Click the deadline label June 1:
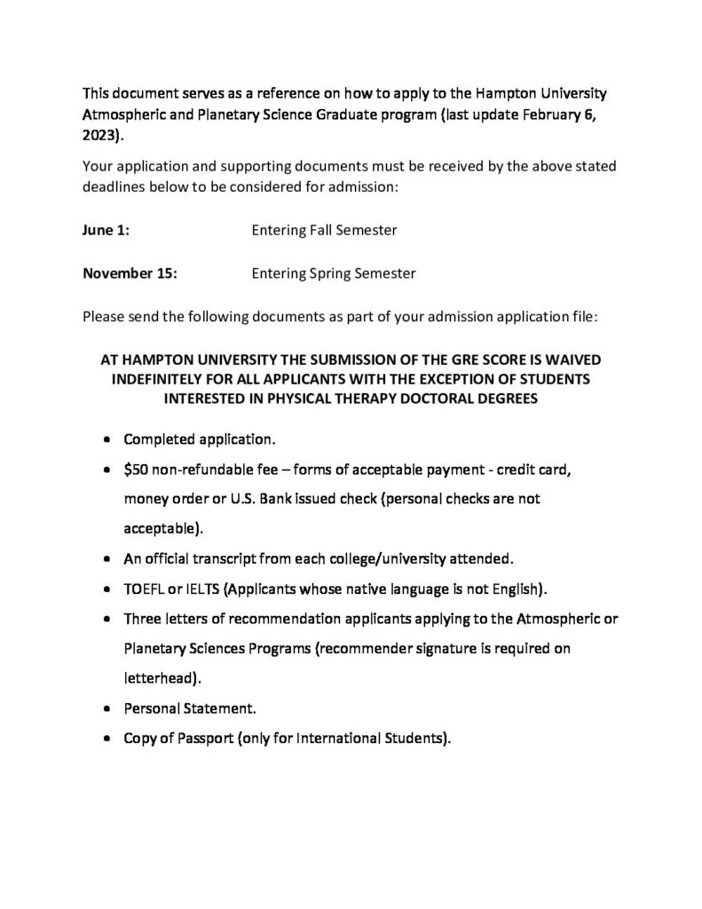[106, 230]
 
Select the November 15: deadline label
[130, 273]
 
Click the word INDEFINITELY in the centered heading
[162, 380]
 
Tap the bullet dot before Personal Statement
[107, 709]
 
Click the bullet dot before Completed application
[107, 439]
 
